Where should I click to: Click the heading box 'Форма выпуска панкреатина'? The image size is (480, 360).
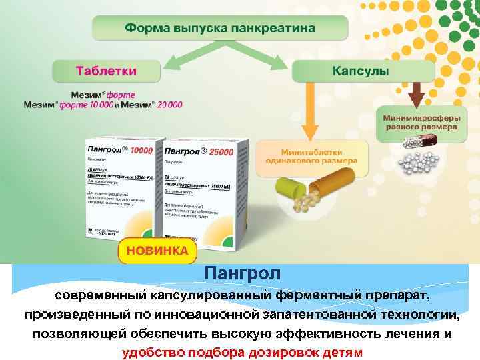click(x=220, y=29)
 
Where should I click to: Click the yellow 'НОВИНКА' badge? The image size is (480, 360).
click(x=157, y=251)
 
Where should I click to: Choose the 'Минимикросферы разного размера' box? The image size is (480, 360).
click(x=419, y=121)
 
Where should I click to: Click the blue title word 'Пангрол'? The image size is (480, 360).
click(x=243, y=273)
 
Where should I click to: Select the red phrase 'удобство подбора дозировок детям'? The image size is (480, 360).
click(x=243, y=353)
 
